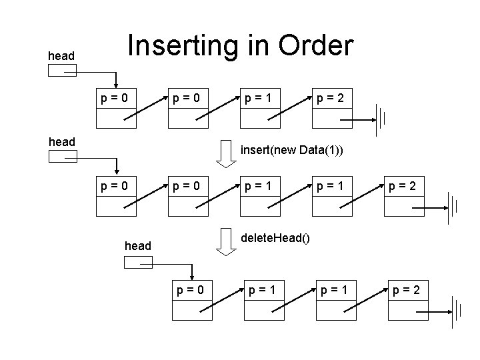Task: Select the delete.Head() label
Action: tap(275, 238)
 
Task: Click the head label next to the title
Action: tap(61, 56)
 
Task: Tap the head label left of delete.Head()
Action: tap(138, 246)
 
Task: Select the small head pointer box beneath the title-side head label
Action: tap(63, 70)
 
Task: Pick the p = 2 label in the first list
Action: tap(331, 98)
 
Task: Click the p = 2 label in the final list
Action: tap(407, 290)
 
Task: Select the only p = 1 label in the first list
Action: tap(259, 98)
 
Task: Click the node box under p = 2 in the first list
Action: tap(331, 118)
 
